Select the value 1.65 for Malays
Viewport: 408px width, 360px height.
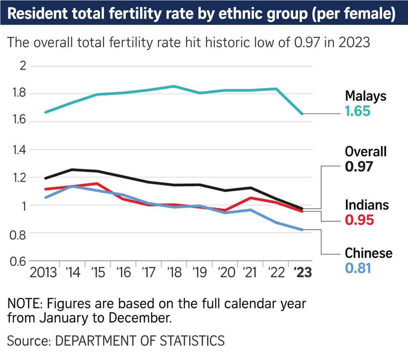(x=358, y=111)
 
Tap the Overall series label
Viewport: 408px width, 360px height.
(x=365, y=151)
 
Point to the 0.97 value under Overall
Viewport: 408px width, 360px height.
(x=359, y=166)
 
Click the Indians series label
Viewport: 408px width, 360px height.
(x=366, y=205)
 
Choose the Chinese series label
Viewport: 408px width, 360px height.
(x=369, y=253)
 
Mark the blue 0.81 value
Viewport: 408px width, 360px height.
(x=358, y=268)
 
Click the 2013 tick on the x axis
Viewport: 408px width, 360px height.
(x=43, y=272)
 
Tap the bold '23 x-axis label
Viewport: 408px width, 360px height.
(x=302, y=272)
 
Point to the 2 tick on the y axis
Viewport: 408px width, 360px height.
(x=23, y=66)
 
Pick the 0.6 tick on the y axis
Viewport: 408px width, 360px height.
(x=19, y=261)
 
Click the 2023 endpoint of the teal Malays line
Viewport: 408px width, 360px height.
(x=302, y=114)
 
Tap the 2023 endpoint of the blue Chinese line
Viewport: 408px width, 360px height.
(x=302, y=230)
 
